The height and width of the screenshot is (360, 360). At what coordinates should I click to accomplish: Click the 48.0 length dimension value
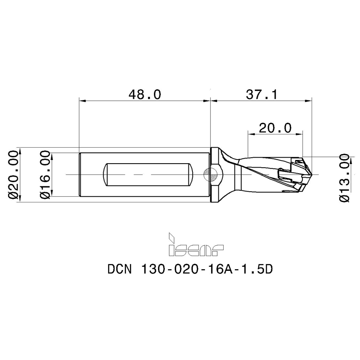(145, 94)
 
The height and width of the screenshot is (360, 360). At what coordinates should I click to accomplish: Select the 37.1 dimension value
(262, 94)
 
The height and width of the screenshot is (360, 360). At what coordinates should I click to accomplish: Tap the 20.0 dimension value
(275, 128)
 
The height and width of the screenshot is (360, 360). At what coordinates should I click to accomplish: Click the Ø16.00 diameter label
(45, 174)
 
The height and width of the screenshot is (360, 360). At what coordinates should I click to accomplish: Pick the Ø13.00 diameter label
(345, 178)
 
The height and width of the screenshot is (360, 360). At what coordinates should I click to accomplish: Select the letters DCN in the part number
(120, 269)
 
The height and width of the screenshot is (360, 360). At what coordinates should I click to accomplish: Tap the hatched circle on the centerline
(210, 174)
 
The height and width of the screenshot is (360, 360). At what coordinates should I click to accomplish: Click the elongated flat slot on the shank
(148, 174)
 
